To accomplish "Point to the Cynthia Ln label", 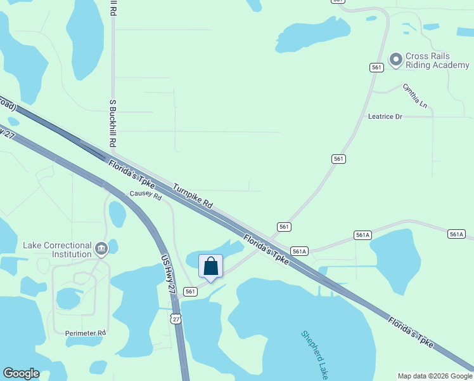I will click(x=414, y=95).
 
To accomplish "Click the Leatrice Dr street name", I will click(x=385, y=117).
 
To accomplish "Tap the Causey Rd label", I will click(x=146, y=195).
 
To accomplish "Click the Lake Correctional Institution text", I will click(x=57, y=250).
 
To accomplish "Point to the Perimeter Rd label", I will click(x=86, y=333).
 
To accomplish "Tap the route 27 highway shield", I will click(x=176, y=319).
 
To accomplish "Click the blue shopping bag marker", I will click(x=211, y=267).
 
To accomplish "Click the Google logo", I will click(x=21, y=373).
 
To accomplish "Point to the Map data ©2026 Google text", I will click(x=435, y=376).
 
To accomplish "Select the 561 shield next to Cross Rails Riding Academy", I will click(x=377, y=67).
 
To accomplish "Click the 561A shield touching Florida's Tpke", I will click(x=299, y=251).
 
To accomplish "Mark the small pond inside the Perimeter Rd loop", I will click(x=67, y=298).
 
